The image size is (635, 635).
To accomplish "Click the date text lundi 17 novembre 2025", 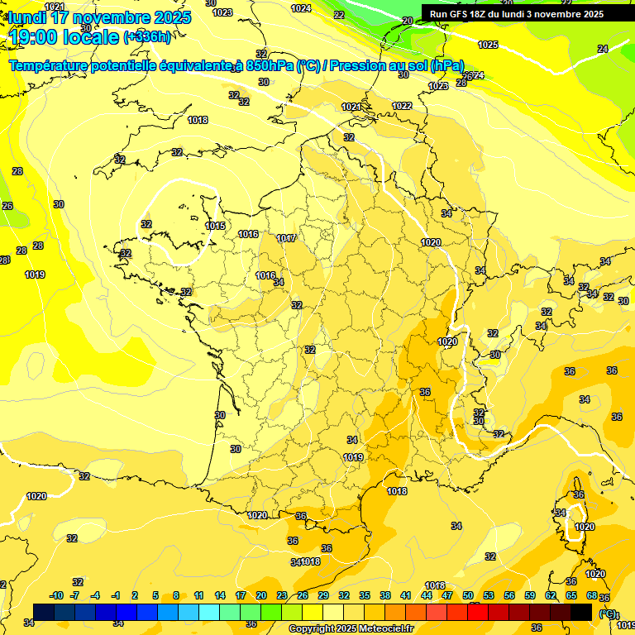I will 99,17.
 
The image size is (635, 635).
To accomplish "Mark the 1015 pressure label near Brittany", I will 215,226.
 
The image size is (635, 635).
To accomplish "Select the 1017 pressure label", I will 286,238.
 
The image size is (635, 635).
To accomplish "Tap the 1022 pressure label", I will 402,106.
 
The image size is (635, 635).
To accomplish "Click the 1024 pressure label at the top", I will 301,8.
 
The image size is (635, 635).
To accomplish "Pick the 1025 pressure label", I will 488,45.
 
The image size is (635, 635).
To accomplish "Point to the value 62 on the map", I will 571,371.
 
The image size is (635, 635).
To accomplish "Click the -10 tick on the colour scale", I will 56,595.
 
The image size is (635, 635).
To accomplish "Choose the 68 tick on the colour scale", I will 592,595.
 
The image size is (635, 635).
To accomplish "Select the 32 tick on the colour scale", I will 344,595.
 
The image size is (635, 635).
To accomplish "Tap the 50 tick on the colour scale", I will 468,595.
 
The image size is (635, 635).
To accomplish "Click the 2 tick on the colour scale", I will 136,595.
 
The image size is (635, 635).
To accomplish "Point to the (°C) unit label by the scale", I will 608,614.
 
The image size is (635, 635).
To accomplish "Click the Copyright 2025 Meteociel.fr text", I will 351,628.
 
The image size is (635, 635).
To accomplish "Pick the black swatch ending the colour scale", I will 581,612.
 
